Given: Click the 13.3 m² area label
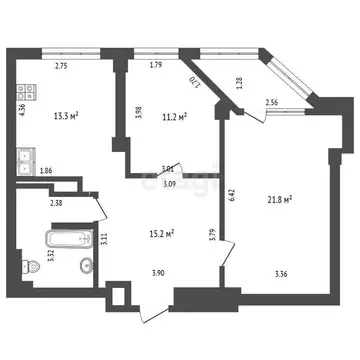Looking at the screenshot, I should click(66, 115).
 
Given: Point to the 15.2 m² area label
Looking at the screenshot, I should click(161, 235).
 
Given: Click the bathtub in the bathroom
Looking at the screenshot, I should click(61, 240).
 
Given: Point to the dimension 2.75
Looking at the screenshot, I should click(61, 67).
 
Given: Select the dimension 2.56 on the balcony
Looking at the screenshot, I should click(272, 103).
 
